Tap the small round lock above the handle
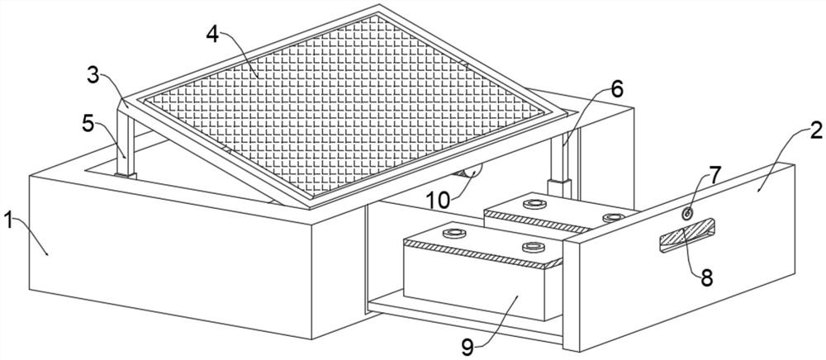tap(687, 214)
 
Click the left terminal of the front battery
tap(453, 235)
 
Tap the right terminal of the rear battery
tap(611, 217)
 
